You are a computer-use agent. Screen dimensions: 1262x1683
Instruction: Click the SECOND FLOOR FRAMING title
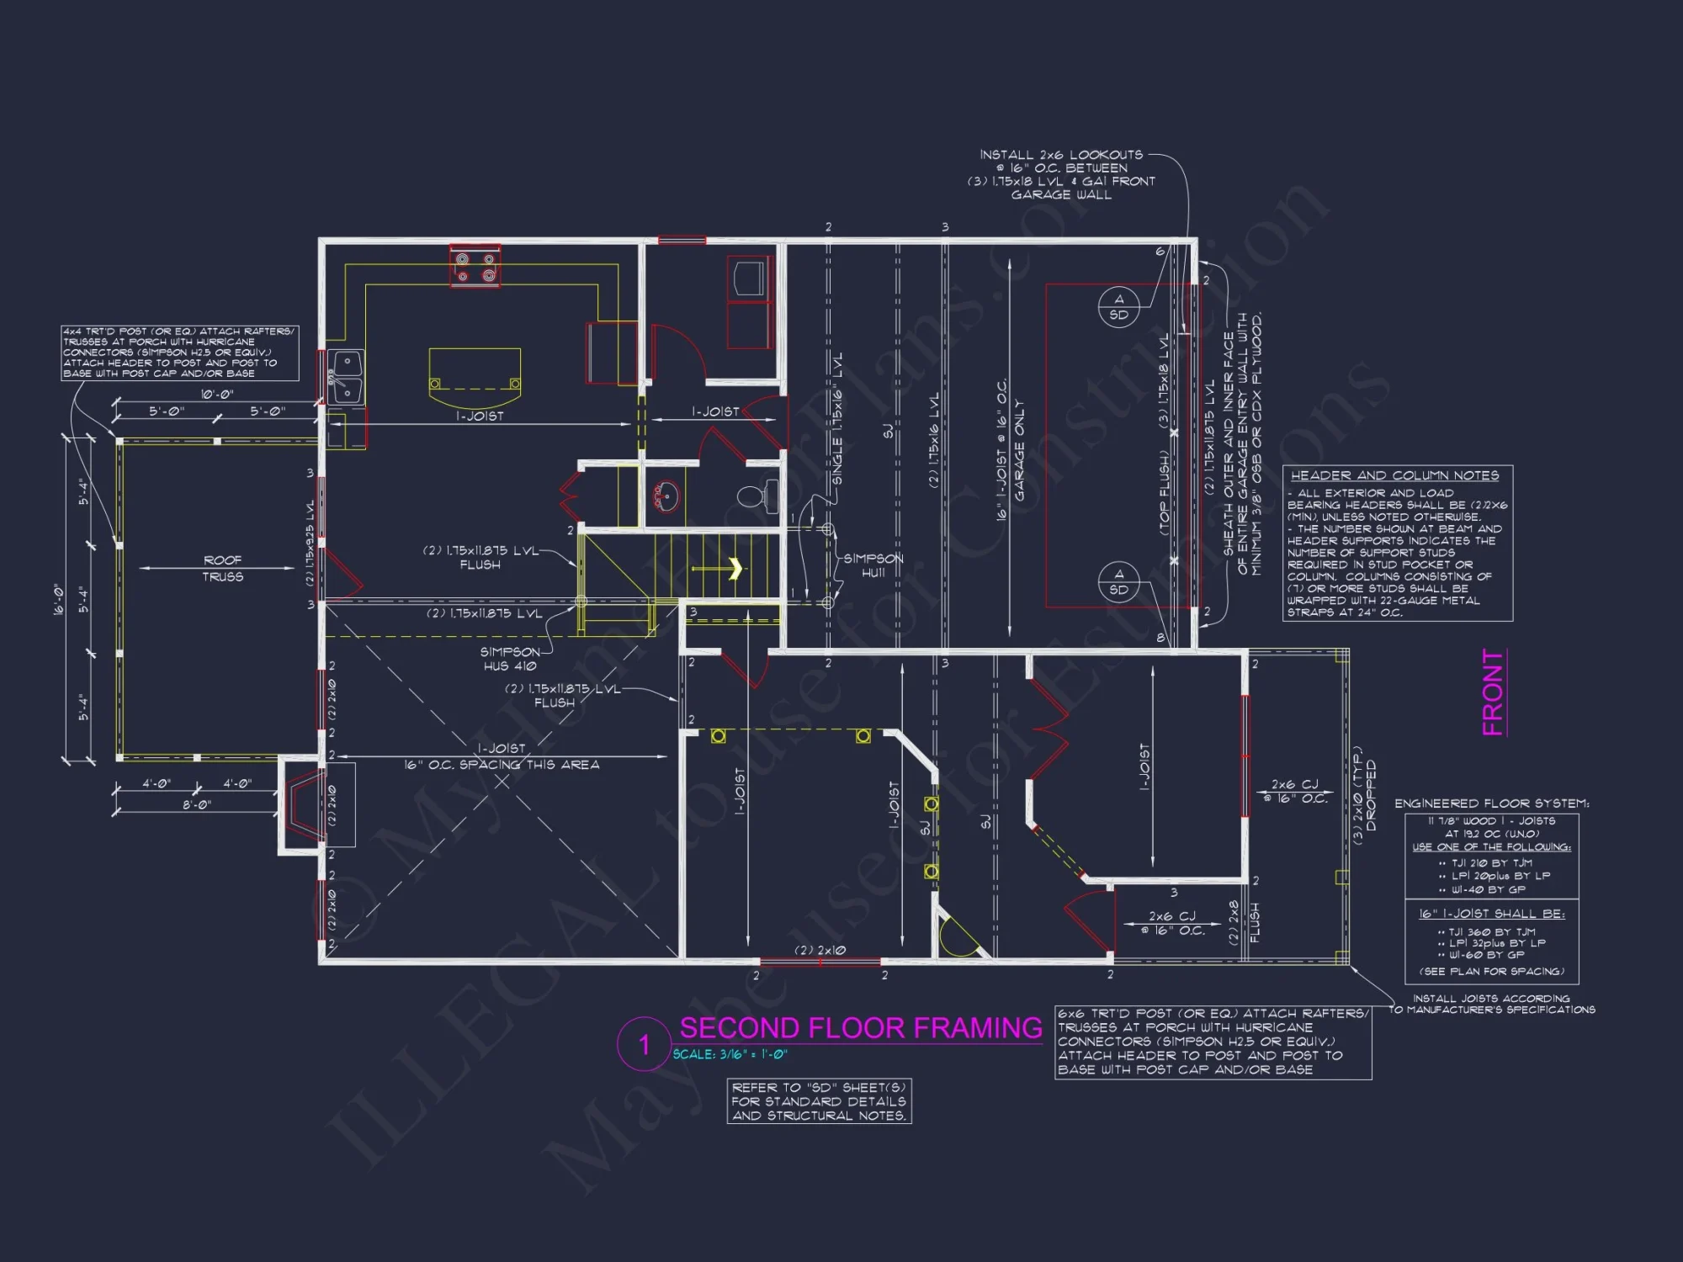(x=860, y=1028)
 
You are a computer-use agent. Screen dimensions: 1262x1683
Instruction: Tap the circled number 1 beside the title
(x=644, y=1045)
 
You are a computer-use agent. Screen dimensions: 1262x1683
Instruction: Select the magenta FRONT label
(x=1493, y=692)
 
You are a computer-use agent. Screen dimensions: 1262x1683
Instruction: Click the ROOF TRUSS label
(x=222, y=569)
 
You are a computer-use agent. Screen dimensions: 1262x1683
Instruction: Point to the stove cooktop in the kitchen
(x=475, y=266)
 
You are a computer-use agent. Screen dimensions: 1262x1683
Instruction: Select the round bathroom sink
(x=666, y=496)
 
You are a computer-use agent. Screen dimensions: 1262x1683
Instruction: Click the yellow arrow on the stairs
(x=735, y=569)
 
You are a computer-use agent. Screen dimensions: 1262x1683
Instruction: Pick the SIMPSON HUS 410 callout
(x=510, y=659)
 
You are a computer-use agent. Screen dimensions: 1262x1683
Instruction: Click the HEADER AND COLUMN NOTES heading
(x=1394, y=475)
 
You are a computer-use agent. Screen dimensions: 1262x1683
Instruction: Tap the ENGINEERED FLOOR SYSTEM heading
(x=1491, y=803)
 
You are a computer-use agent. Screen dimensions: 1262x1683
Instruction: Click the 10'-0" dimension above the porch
(x=217, y=394)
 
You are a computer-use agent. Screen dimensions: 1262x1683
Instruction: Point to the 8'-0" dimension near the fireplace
(x=197, y=805)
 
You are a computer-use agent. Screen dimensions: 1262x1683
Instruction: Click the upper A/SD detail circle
(x=1118, y=307)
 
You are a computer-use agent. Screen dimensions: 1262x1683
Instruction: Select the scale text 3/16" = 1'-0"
(x=730, y=1054)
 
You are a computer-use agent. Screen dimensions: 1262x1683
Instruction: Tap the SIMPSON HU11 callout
(x=873, y=565)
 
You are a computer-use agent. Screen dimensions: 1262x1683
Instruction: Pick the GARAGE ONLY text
(x=1020, y=450)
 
